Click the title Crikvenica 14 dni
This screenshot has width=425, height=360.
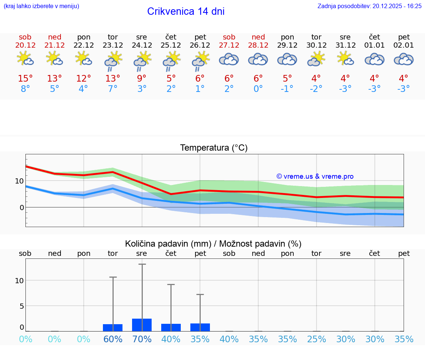[x=186, y=11]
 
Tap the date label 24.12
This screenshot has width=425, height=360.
[x=142, y=45]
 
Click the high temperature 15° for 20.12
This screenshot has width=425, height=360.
[x=25, y=78]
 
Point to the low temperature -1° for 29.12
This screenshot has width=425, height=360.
[x=287, y=89]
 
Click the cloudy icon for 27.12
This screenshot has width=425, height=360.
[x=229, y=59]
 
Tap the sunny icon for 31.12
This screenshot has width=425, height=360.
[x=345, y=59]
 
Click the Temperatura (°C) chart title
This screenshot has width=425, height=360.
[x=214, y=148]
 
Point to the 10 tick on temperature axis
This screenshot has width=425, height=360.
[x=19, y=181]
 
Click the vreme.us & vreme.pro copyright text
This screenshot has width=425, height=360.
[x=315, y=176]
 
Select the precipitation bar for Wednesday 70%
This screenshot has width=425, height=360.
[x=142, y=325]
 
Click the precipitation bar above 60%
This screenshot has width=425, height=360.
[x=113, y=328]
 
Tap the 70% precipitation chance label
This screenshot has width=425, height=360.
[x=142, y=339]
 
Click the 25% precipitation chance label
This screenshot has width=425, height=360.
[x=317, y=339]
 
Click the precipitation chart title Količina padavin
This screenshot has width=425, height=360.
[x=213, y=244]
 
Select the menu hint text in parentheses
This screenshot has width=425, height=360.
[x=41, y=6]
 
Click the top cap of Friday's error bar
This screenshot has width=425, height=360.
[x=200, y=294]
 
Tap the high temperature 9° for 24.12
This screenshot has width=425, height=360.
[x=142, y=78]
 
